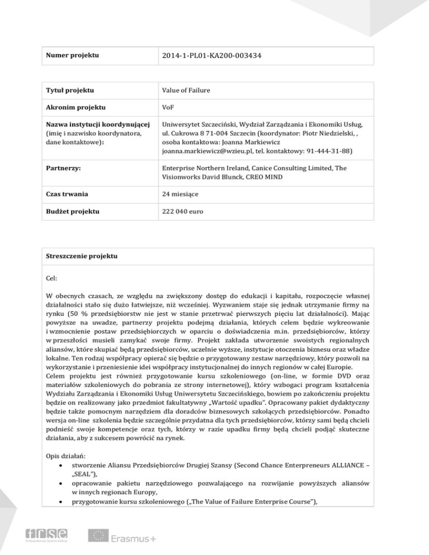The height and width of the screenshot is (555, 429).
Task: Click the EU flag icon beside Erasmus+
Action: (x=98, y=535)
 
